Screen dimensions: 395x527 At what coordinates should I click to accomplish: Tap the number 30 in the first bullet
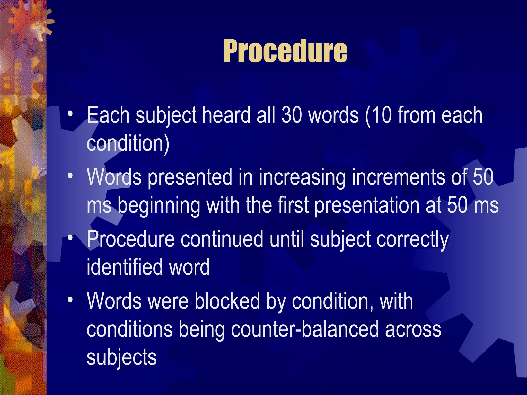coord(292,115)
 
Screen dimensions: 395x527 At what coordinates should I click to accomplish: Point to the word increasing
coord(302,177)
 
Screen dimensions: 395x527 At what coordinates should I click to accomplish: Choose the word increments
coord(398,177)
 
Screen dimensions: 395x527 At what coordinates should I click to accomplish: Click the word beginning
coord(159,206)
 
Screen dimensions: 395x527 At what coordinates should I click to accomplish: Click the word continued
coord(222,239)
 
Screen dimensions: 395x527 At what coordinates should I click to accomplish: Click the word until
coord(287,239)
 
